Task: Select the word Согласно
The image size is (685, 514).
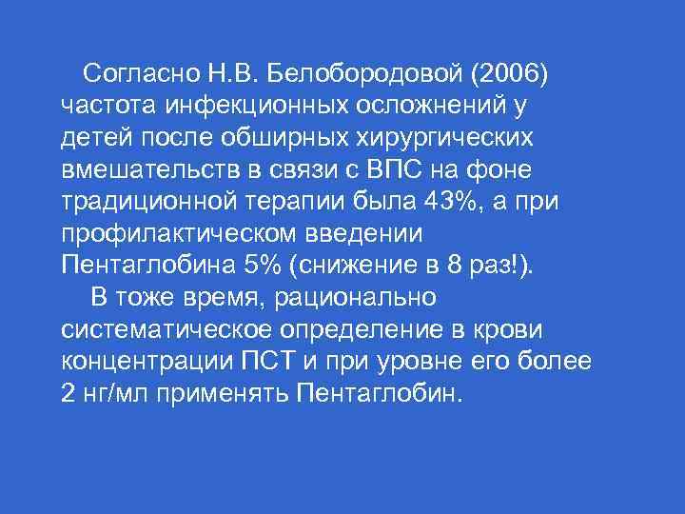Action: [137, 72]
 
